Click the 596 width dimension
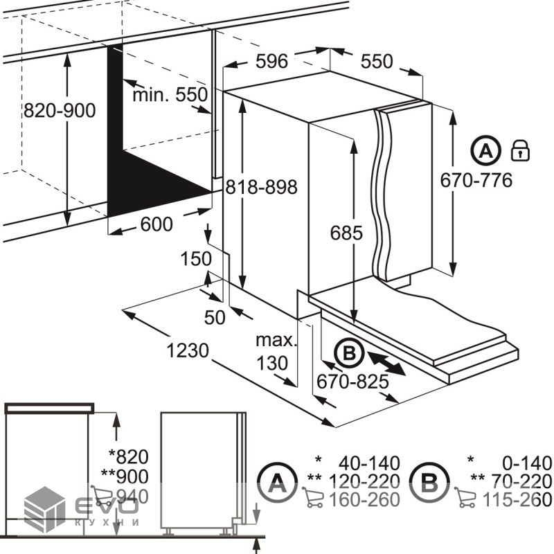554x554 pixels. [x=271, y=62]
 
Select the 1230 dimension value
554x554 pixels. [x=188, y=351]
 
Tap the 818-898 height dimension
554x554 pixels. [x=262, y=187]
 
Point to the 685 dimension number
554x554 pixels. [x=346, y=233]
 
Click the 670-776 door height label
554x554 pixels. [x=476, y=180]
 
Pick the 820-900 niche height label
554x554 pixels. [x=60, y=111]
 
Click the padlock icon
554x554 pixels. [x=521, y=150]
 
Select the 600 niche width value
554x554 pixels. [x=157, y=224]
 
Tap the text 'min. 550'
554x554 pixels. [x=170, y=95]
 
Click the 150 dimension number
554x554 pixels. [x=196, y=258]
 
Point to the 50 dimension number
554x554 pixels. [x=215, y=318]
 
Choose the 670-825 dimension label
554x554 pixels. [x=352, y=382]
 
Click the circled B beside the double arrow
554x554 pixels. [x=350, y=353]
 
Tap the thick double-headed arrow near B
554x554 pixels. [x=386, y=363]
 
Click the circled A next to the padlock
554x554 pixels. [x=486, y=151]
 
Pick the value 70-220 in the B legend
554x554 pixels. [x=521, y=481]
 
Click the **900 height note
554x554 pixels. [x=125, y=476]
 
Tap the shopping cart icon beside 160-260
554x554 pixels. [x=312, y=497]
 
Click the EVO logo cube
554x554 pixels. [x=44, y=510]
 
